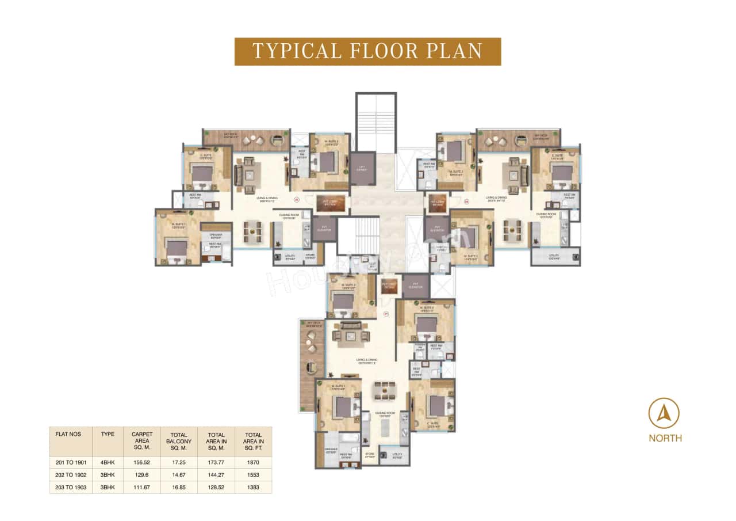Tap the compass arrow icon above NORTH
[664, 413]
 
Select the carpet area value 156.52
[141, 462]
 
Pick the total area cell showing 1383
[254, 487]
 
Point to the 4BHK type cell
[108, 462]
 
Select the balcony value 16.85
[179, 487]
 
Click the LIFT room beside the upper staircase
[362, 168]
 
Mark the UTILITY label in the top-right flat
[554, 256]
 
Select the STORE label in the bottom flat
[369, 454]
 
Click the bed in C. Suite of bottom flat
[436, 406]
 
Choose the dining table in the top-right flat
[513, 230]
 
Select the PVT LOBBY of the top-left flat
[331, 203]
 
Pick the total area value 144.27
[216, 474]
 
